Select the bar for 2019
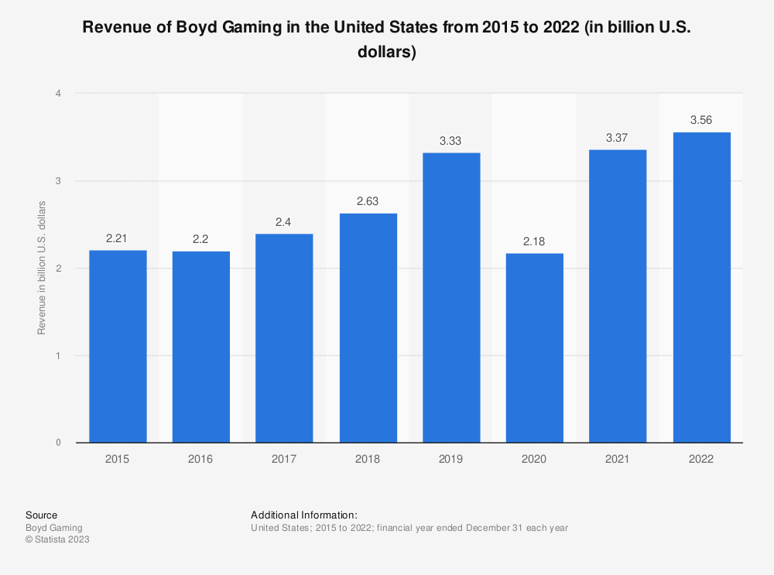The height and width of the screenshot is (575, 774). pos(451,298)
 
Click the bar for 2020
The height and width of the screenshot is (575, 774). pos(534,348)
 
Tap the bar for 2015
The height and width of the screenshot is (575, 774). pos(118,347)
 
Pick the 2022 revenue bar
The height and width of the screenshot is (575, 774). pos(701,288)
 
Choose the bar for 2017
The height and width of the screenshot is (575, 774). pos(284,338)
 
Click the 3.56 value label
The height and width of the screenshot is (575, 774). pos(701,120)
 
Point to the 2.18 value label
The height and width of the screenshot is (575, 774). pos(534,241)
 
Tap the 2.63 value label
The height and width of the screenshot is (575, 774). pos(368,201)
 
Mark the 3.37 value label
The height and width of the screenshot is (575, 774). pos(618,138)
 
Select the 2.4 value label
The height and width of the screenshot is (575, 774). pos(284,222)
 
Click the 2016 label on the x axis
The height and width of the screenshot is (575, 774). pos(200,459)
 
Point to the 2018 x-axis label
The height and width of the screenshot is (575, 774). pos(368,459)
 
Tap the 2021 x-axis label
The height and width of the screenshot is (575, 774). pos(618,459)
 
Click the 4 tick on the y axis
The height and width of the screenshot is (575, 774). pos(58,94)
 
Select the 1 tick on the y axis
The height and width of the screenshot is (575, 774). pos(58,356)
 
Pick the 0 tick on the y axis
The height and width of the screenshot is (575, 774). pos(58,443)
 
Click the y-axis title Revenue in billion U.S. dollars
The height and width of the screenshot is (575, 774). pos(42,268)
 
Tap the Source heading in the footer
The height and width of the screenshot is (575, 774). pos(41,515)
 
